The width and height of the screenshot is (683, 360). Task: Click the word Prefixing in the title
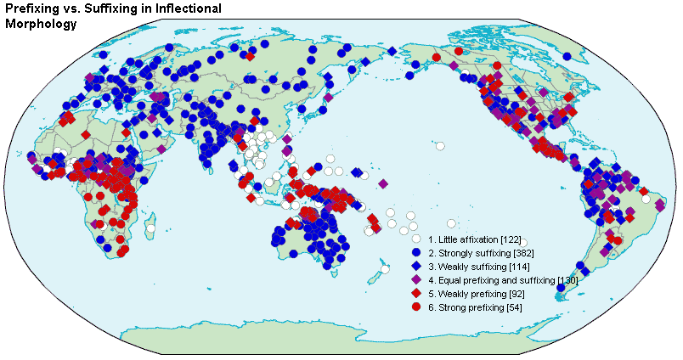click(33, 8)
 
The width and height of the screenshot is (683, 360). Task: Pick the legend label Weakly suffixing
click(469, 267)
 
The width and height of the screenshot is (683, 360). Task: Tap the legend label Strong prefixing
click(469, 307)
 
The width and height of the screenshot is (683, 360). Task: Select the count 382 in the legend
click(525, 254)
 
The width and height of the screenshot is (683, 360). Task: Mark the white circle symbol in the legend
click(416, 240)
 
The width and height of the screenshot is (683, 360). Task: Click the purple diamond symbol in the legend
click(416, 280)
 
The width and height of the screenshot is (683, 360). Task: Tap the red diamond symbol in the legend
click(416, 293)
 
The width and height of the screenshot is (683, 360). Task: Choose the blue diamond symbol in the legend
click(416, 267)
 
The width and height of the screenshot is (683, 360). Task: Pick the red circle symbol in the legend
click(416, 307)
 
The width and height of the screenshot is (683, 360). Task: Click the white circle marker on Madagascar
click(150, 228)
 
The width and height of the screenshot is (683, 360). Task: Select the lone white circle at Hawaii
click(440, 145)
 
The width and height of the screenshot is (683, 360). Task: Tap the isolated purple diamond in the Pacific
click(383, 183)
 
